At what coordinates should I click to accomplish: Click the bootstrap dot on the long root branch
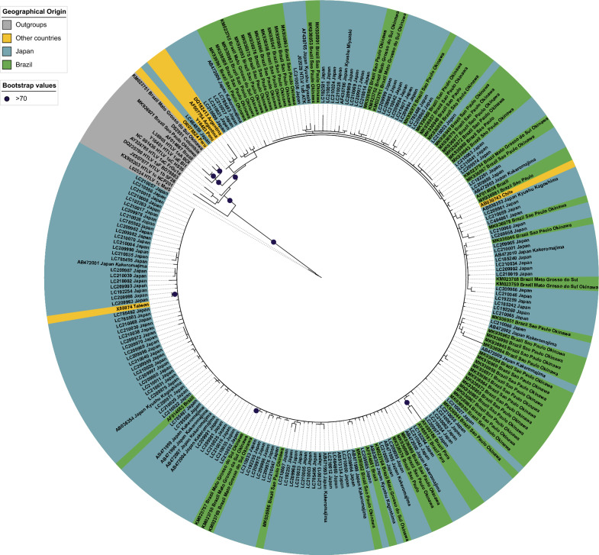(x=272, y=241)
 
